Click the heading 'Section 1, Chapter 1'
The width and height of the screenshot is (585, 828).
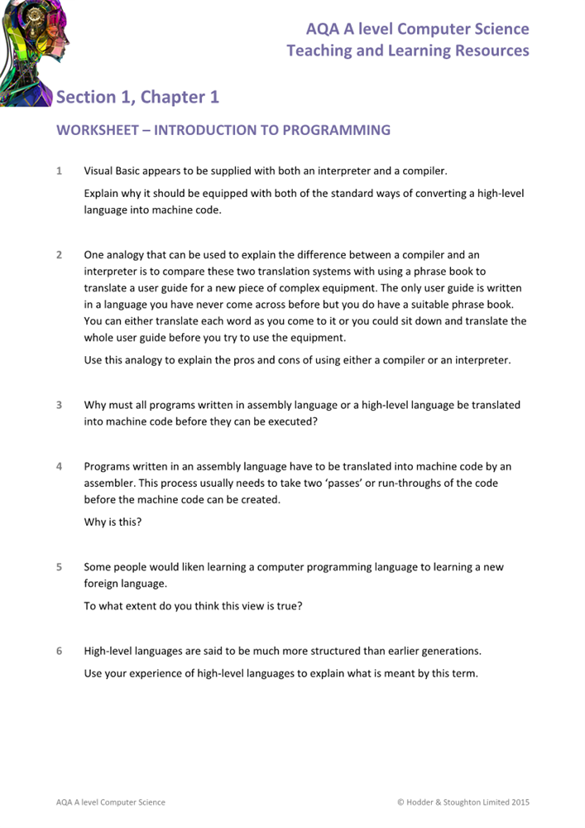coord(137,98)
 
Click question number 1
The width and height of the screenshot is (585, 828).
coord(59,171)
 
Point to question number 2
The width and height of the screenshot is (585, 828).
coord(59,254)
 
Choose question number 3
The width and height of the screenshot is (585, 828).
coord(59,405)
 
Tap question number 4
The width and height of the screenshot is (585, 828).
coord(59,466)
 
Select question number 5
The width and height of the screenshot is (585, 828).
coord(59,567)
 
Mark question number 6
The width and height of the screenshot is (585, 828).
coord(59,650)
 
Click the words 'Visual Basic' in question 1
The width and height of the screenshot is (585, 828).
coord(113,171)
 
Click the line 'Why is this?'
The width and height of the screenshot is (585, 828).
coord(113,522)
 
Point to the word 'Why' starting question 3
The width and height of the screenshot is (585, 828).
coord(95,405)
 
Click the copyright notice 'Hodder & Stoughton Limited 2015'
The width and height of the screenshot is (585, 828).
coord(468,802)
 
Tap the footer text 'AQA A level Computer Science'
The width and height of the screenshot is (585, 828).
coord(110,802)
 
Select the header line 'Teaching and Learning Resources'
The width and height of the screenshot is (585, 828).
coord(407,51)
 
